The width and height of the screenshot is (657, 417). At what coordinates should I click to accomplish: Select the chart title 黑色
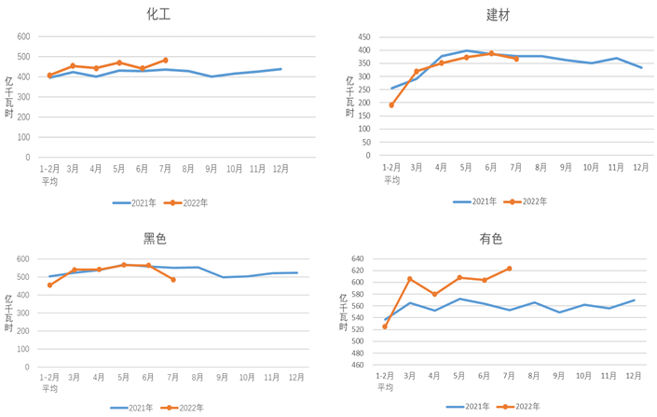pos(155,238)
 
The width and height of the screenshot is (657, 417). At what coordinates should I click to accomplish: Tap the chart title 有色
pos(491,239)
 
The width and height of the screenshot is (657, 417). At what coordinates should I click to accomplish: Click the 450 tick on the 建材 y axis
pos(364,36)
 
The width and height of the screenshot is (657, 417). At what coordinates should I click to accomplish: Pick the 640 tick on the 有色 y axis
pos(357,258)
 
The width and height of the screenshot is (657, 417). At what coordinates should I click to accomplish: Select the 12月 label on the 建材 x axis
pos(641,167)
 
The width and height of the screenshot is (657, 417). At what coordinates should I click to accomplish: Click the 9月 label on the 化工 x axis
pos(212,169)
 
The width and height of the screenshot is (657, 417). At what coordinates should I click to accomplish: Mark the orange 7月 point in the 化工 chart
pos(165,60)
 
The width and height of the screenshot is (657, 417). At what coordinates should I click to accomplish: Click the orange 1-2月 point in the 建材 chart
pos(391,105)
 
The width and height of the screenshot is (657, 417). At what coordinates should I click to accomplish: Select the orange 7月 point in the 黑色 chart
pos(173,279)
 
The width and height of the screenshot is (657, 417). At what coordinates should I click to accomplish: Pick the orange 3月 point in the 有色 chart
pos(409,279)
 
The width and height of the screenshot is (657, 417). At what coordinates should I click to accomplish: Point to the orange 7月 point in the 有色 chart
pos(509,269)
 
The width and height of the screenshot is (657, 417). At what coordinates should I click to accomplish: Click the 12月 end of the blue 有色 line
pos(635,300)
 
